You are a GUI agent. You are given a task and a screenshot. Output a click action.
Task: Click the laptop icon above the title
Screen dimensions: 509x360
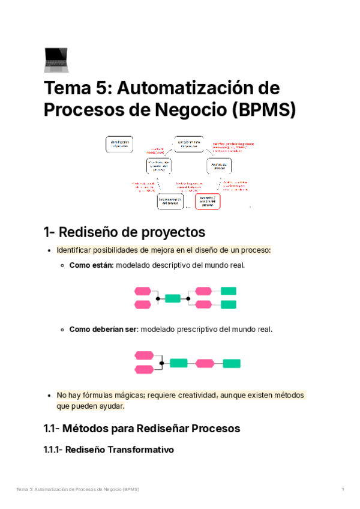(x=56, y=59)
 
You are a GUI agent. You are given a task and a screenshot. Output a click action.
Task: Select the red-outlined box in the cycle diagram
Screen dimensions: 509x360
(x=207, y=201)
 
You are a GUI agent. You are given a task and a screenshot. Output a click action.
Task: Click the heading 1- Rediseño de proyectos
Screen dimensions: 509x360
(x=124, y=232)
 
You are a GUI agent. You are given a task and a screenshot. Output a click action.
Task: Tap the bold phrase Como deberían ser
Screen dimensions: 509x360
(x=103, y=329)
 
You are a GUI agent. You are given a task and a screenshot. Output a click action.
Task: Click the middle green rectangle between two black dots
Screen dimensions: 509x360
(x=173, y=298)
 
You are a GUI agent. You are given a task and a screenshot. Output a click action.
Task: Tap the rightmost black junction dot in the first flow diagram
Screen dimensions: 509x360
(x=188, y=298)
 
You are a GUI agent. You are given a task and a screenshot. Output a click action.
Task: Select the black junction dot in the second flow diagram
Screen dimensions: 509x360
(x=161, y=363)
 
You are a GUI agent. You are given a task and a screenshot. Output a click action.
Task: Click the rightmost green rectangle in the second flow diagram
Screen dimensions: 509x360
(x=232, y=363)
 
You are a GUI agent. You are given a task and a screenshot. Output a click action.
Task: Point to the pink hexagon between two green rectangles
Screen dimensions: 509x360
(x=205, y=363)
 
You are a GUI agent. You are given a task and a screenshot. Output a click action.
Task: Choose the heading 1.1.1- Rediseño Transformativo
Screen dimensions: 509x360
(x=109, y=450)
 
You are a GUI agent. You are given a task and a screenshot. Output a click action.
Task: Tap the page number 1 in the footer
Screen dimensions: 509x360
(x=343, y=490)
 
